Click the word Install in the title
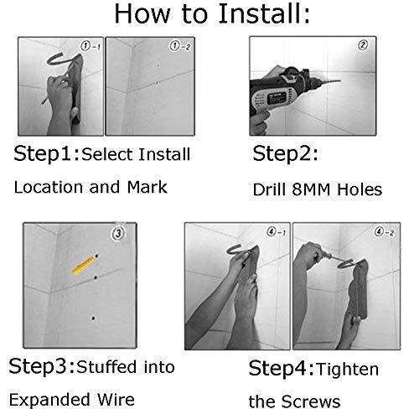pos(264,14)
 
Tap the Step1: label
pos(47,153)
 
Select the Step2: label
pos(285,153)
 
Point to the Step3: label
pos(42,366)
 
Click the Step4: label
pos(282,369)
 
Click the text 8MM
pos(311,189)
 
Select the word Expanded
pos(49,400)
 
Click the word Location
pos(49,187)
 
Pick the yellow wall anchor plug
pos(83,266)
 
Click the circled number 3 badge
pos(118,233)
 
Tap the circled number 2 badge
pos(363,45)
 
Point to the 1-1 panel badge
pos(90,46)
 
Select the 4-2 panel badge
pos(385,232)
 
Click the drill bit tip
pos(340,81)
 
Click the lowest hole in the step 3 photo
pos(93,318)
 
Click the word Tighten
pos(347,370)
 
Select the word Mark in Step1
pos(147,187)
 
